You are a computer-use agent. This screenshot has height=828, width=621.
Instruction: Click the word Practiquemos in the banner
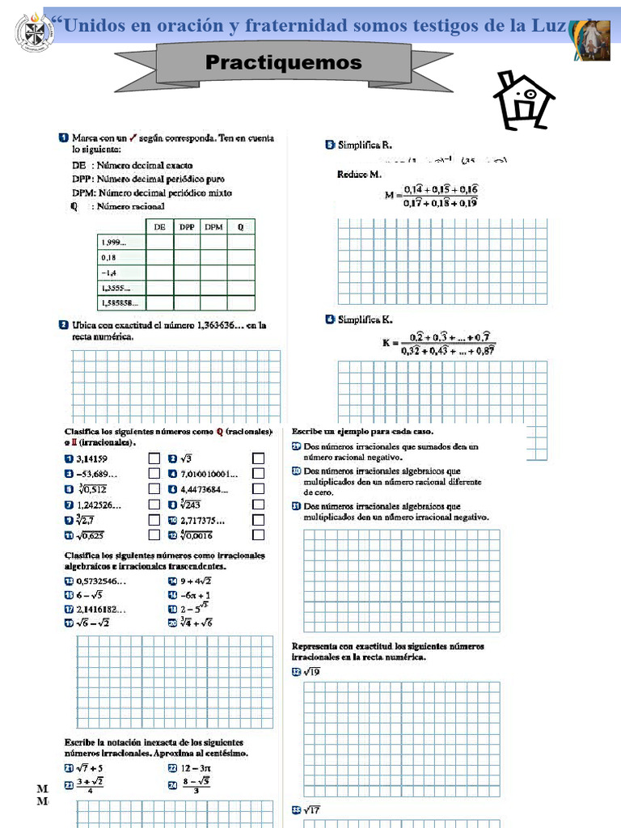(x=284, y=62)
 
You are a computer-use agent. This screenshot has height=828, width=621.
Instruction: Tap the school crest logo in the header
(x=32, y=32)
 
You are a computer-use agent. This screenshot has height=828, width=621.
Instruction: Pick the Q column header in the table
(x=240, y=227)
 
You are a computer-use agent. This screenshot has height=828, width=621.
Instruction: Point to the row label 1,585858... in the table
(x=119, y=303)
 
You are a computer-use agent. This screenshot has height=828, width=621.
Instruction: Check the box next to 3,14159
(x=154, y=459)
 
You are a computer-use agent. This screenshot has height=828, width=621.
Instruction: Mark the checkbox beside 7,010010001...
(x=258, y=474)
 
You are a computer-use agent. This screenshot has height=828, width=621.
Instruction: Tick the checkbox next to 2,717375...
(x=258, y=520)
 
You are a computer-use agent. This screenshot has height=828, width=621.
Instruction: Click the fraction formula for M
(x=440, y=196)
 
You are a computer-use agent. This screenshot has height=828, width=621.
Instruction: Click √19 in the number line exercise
(x=312, y=672)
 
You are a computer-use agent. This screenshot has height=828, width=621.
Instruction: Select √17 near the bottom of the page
(x=312, y=809)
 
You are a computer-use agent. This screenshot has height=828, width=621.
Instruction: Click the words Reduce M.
(x=358, y=175)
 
